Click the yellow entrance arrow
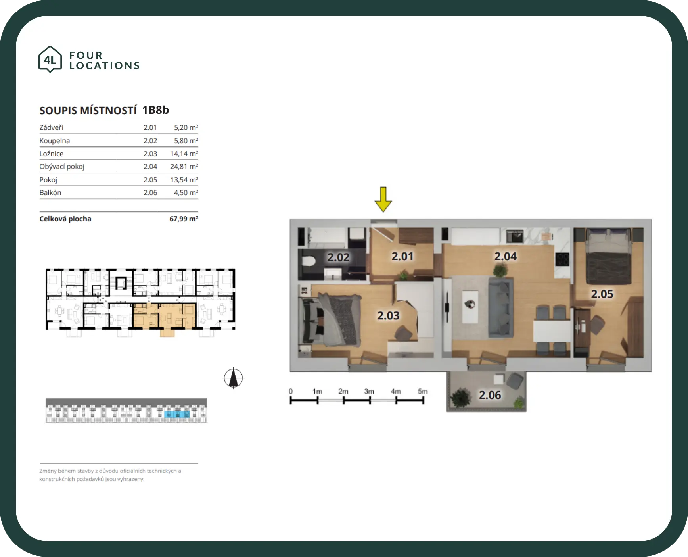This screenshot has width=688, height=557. [x=383, y=199]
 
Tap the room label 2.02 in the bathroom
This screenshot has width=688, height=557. [x=338, y=257]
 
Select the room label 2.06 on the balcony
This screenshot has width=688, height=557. [x=490, y=395]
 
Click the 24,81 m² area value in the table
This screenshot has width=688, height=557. [x=184, y=167]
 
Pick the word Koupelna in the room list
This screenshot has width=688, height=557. [x=55, y=141]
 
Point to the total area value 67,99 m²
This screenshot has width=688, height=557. [x=184, y=219]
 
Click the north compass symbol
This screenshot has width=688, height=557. [x=234, y=378]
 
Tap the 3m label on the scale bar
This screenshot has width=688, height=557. [x=369, y=391]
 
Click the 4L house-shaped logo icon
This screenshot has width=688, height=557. [x=50, y=60]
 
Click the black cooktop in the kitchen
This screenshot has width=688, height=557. [x=562, y=259]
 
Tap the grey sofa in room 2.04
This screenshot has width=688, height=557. [x=500, y=307]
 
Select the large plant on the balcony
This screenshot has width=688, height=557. [x=460, y=397]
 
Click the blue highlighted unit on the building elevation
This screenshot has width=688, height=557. [x=177, y=414]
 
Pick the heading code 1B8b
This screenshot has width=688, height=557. [x=155, y=110]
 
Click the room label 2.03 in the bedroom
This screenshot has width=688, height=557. [x=388, y=316]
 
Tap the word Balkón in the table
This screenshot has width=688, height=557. [x=50, y=193]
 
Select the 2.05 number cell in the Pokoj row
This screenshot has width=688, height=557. [x=150, y=180]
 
